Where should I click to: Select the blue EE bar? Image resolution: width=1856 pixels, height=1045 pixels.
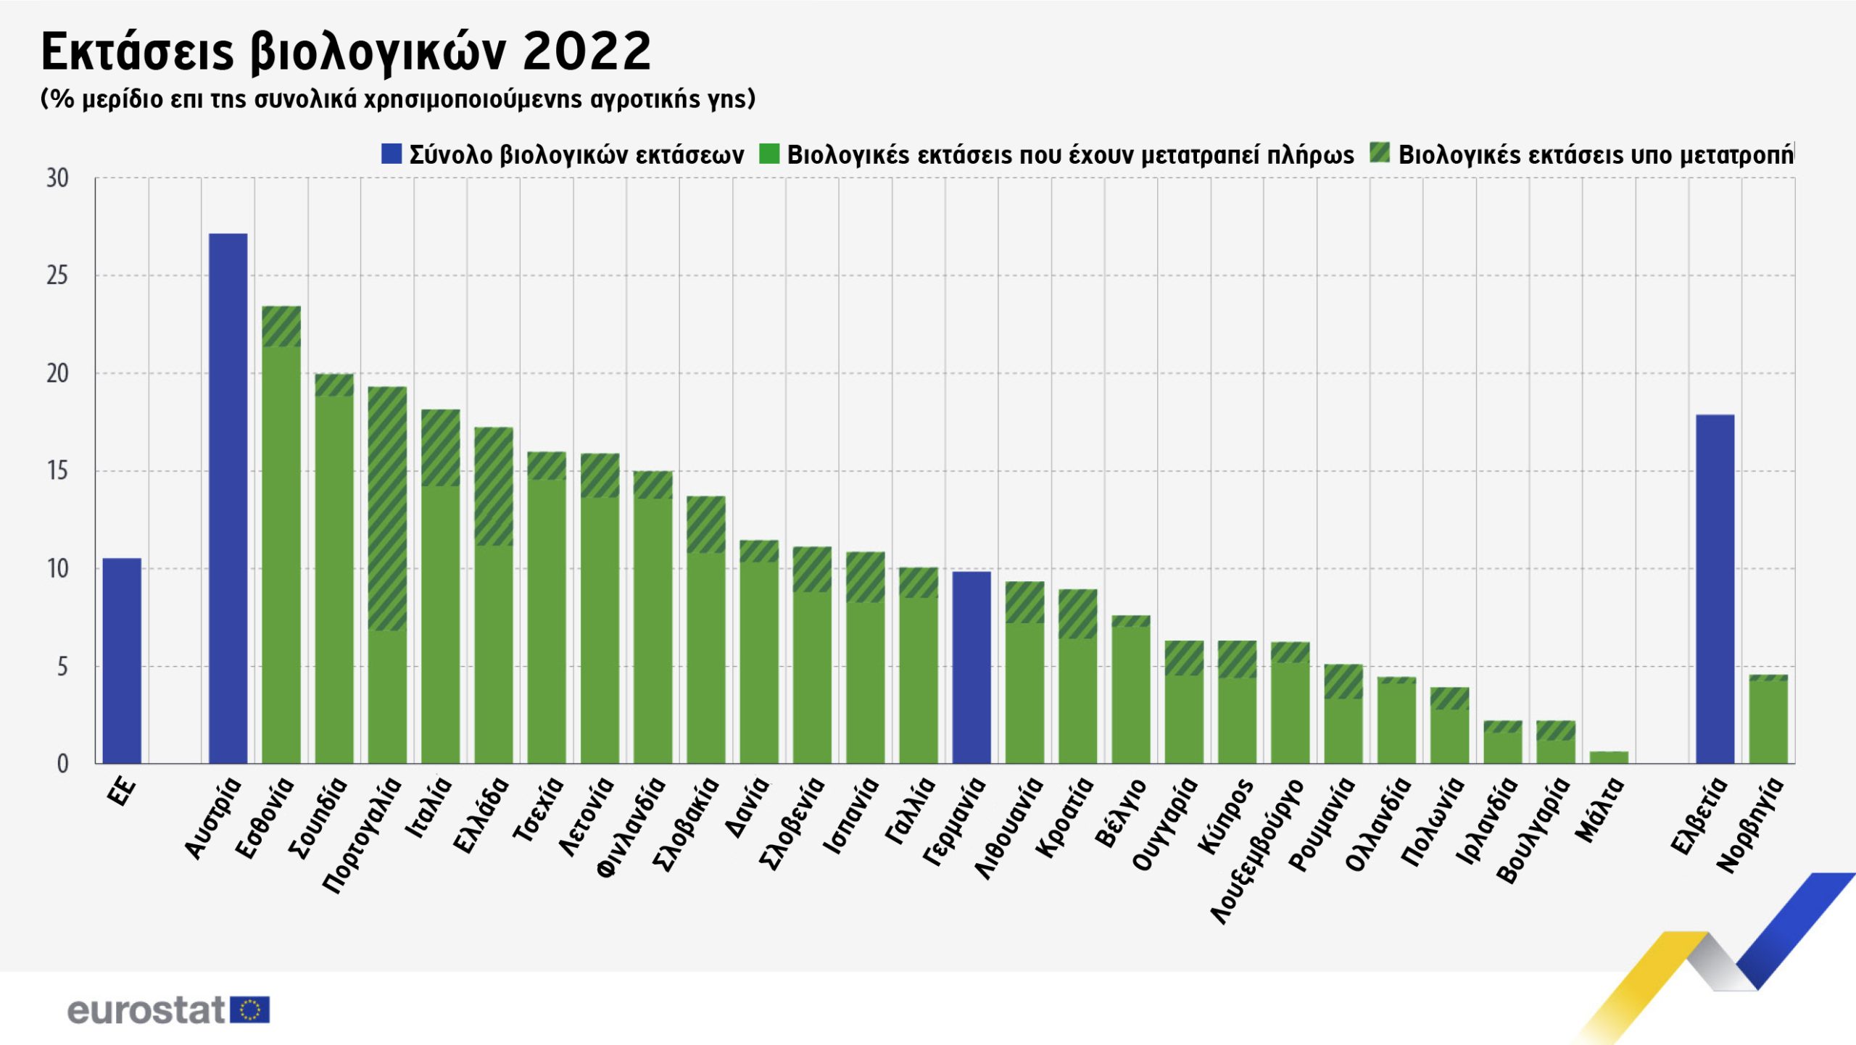pyautogui.click(x=122, y=660)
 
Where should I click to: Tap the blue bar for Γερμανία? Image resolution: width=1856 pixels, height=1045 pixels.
pyautogui.click(x=971, y=667)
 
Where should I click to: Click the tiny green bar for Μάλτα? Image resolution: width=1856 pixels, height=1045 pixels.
pyautogui.click(x=1609, y=757)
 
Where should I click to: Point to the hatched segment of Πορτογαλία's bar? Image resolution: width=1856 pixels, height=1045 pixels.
pyautogui.click(x=387, y=508)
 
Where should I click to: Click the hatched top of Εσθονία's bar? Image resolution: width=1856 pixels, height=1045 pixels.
pyautogui.click(x=281, y=326)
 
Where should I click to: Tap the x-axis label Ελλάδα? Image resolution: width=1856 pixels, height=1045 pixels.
pyautogui.click(x=481, y=815)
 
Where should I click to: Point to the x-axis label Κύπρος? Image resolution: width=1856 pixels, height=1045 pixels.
pyautogui.click(x=1225, y=815)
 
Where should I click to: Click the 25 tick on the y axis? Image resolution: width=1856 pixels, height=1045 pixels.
pyautogui.click(x=57, y=275)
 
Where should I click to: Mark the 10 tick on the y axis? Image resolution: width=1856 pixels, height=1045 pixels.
pyautogui.click(x=57, y=569)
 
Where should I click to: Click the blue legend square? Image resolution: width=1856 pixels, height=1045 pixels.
pyautogui.click(x=391, y=154)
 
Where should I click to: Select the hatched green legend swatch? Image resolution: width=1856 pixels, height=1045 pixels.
pyautogui.click(x=1380, y=153)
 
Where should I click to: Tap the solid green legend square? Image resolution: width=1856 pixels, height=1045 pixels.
pyautogui.click(x=769, y=154)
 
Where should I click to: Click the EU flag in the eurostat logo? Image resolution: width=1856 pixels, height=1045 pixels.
pyautogui.click(x=250, y=1009)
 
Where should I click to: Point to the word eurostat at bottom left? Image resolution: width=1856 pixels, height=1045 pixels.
pyautogui.click(x=146, y=1010)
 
